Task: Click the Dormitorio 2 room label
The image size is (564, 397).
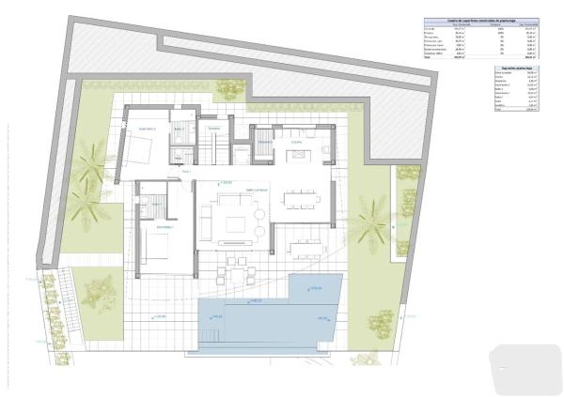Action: click(147, 129)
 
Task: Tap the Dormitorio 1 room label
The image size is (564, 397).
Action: click(165, 227)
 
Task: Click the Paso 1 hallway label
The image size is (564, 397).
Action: click(186, 172)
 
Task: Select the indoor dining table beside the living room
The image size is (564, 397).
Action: click(303, 199)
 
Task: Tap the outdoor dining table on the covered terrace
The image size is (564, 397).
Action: click(305, 247)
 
